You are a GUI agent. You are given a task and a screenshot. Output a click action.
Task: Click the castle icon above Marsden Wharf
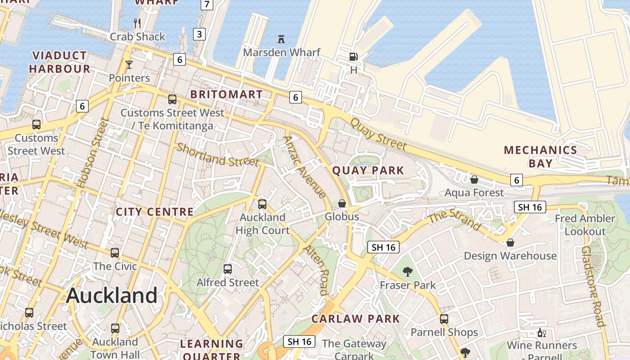tap(281, 39)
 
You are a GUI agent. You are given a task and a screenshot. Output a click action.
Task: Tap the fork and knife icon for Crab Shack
tap(138, 23)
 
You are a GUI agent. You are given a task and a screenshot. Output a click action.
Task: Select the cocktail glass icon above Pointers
tap(129, 65)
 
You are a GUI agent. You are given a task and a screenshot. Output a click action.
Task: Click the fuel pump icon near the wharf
tap(354, 57)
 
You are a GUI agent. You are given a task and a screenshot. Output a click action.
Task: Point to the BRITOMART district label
tap(226, 94)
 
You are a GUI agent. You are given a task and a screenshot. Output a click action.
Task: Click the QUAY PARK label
tap(368, 171)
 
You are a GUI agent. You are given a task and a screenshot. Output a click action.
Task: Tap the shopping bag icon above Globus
tap(342, 203)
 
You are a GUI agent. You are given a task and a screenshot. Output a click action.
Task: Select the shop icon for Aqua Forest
tap(474, 180)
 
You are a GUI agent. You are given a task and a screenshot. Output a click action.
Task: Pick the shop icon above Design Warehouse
tap(510, 243)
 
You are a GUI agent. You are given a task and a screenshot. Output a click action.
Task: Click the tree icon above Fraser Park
tap(408, 271)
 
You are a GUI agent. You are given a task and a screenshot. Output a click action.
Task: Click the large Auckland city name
tap(112, 296)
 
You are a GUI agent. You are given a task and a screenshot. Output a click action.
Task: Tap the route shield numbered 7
tap(207, 4)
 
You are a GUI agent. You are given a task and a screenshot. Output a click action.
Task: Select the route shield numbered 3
tap(199, 34)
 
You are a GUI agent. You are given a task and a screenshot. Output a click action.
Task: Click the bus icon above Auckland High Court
tap(262, 204)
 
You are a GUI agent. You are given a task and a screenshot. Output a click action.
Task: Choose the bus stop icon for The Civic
tap(115, 253)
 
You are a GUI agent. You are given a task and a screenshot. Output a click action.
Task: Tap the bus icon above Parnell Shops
tap(444, 319)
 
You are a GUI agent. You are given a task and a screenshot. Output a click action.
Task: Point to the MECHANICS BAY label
tap(540, 157)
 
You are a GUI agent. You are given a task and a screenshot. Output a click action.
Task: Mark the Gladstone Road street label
tap(592, 286)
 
